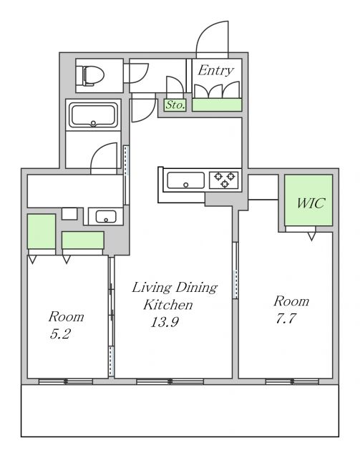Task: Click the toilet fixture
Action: tap(93, 76)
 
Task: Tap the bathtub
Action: tap(93, 115)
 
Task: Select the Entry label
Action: tap(215, 71)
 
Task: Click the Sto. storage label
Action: tap(175, 105)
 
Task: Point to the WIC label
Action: tap(311, 203)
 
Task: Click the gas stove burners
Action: tap(225, 180)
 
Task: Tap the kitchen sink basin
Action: tap(185, 180)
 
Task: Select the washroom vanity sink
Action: tap(106, 216)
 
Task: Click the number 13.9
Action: tap(165, 322)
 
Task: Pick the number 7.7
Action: tap(286, 318)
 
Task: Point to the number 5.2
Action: tap(60, 333)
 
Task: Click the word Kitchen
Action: tap(168, 305)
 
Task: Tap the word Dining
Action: tap(196, 288)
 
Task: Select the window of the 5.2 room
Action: tap(66, 381)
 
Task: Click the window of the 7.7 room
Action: tap(292, 381)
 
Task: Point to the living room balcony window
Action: tap(170, 381)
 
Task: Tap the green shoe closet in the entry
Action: tap(217, 105)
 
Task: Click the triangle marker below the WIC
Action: tap(312, 236)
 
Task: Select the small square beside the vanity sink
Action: tap(69, 214)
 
